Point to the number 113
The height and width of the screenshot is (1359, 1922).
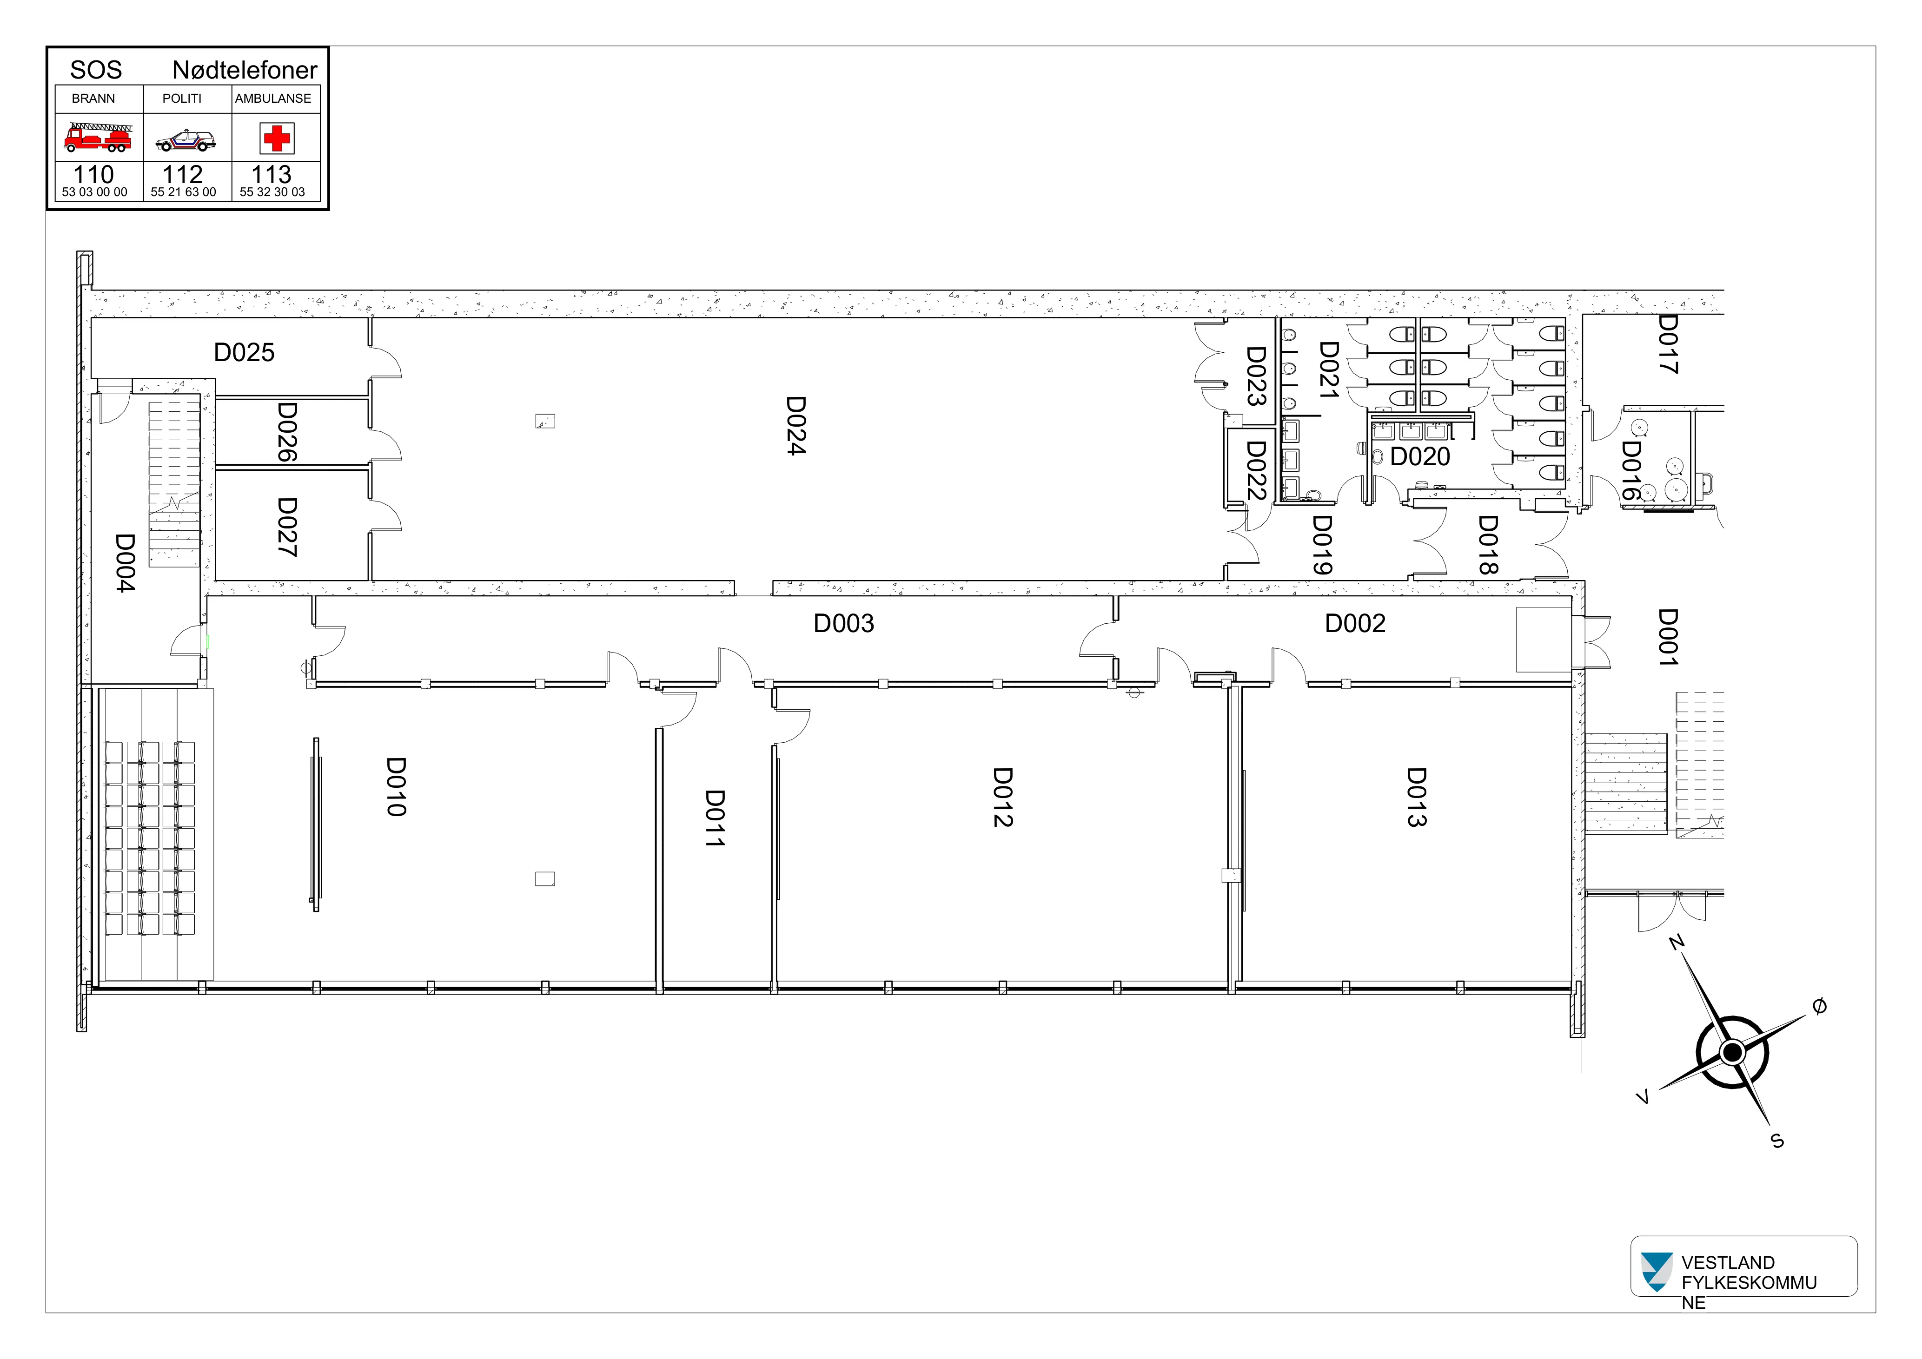[271, 174]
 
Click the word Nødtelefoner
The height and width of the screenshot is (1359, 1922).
[245, 70]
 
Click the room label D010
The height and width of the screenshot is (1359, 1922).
[396, 786]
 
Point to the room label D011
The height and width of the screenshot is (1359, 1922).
[714, 818]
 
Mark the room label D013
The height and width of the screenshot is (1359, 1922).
[1416, 798]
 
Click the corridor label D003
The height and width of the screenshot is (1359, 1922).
[844, 623]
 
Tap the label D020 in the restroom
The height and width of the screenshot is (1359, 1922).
[1420, 457]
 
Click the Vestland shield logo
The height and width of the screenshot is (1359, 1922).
[1655, 1272]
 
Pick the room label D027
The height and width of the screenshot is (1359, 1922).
[287, 527]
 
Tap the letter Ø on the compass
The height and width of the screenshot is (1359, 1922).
[1819, 1007]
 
